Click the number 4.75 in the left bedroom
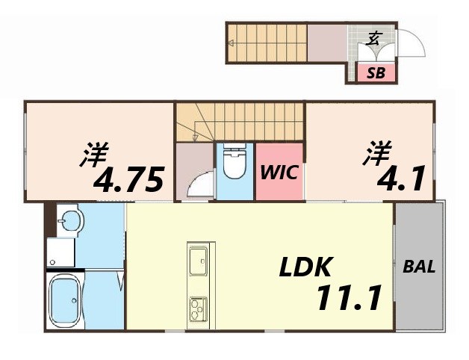point(128,180)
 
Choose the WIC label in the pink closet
point(279,173)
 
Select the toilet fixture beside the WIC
point(234,162)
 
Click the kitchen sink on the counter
point(199,261)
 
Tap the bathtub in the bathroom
point(65,300)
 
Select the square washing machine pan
point(60,252)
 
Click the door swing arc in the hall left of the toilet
point(199,184)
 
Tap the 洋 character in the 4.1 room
point(377,155)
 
